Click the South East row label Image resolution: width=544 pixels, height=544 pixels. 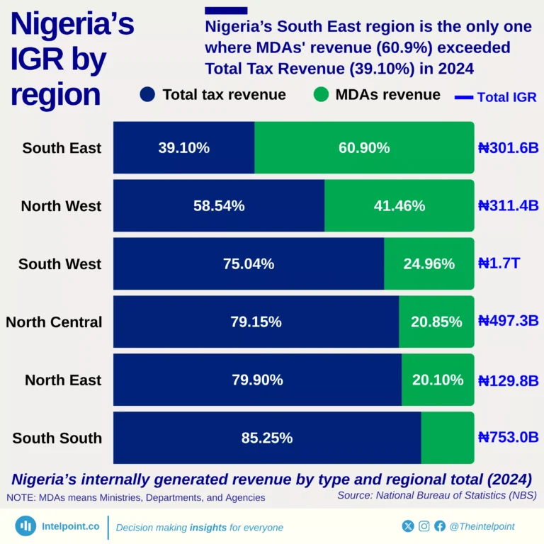pyautogui.click(x=62, y=148)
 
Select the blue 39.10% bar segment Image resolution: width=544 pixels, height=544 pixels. pyautogui.click(x=183, y=148)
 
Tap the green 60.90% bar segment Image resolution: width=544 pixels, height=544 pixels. pyautogui.click(x=364, y=148)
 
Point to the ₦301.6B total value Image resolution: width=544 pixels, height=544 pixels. pyautogui.click(x=508, y=148)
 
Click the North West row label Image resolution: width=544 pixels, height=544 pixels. pyautogui.click(x=61, y=206)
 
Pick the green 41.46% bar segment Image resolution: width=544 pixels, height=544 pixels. pyautogui.click(x=399, y=206)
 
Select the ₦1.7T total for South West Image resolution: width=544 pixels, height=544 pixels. pyautogui.click(x=499, y=264)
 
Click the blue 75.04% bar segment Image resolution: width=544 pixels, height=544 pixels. pyautogui.click(x=249, y=264)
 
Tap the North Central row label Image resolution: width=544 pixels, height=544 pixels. pyautogui.click(x=54, y=322)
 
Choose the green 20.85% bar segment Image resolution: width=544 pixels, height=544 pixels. pyautogui.click(x=436, y=322)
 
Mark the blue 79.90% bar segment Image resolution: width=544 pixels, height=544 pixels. pyautogui.click(x=257, y=380)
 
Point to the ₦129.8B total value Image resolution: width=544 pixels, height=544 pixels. pyautogui.click(x=508, y=380)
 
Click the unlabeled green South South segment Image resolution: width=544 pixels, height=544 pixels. pyautogui.click(x=447, y=438)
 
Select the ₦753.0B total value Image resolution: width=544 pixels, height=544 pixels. pyautogui.click(x=508, y=438)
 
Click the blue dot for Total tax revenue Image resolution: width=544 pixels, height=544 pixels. pyautogui.click(x=147, y=95)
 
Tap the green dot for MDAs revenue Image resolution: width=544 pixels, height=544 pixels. pyautogui.click(x=321, y=95)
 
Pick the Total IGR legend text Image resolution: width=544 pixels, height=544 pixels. pyautogui.click(x=506, y=97)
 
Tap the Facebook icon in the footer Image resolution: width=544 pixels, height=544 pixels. pyautogui.click(x=440, y=526)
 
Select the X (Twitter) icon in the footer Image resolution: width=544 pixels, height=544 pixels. pyautogui.click(x=408, y=526)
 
